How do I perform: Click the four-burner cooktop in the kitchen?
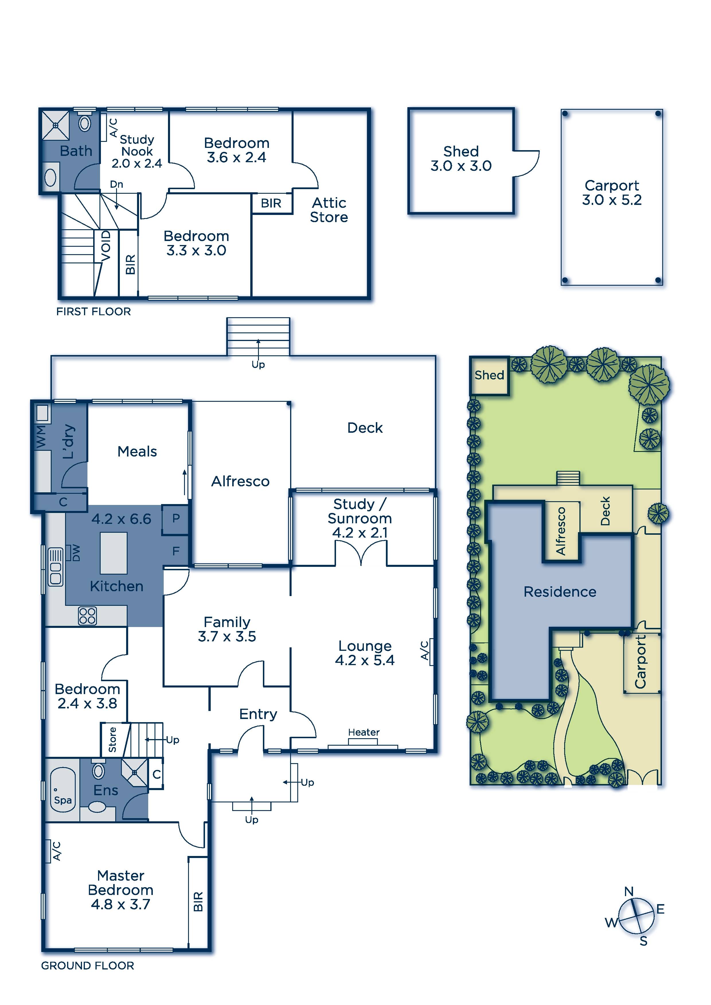tap(87, 616)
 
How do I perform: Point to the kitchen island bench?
tap(114, 553)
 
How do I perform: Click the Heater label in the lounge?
tap(364, 732)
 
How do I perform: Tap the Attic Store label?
tap(329, 210)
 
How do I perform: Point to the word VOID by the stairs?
tap(106, 246)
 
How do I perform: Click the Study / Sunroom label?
tap(360, 518)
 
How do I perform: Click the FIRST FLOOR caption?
tap(94, 312)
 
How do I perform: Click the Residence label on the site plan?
tap(560, 592)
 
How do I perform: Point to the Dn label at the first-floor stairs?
tap(116, 184)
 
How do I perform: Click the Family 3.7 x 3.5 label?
tap(227, 629)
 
